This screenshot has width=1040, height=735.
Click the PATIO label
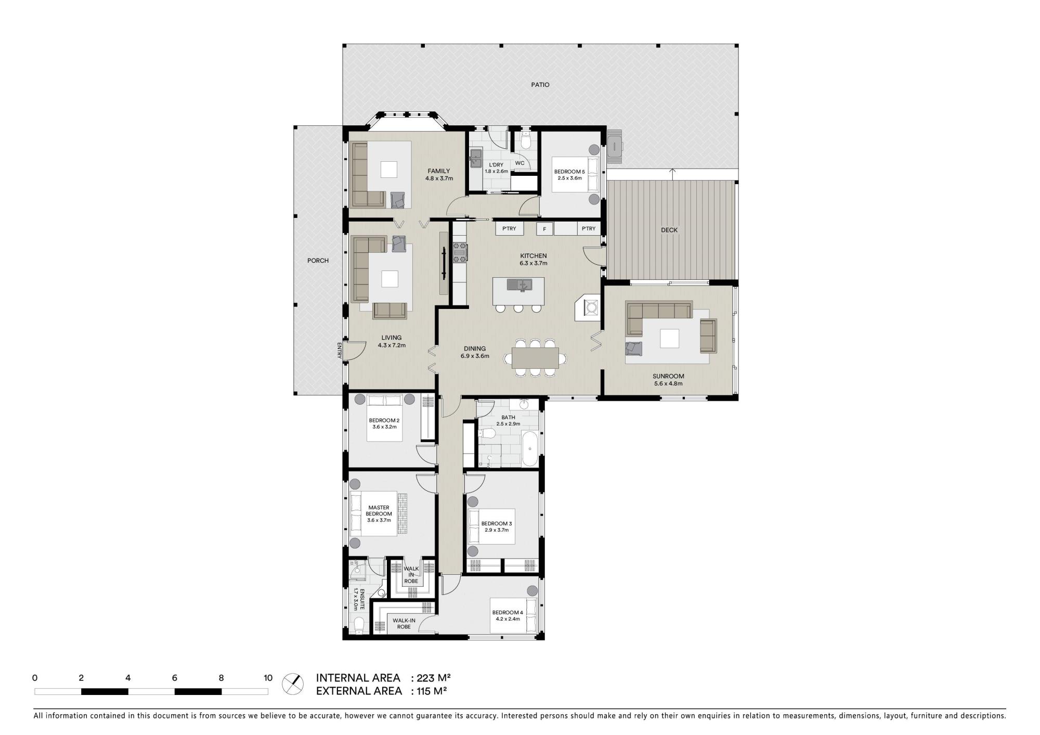pyautogui.click(x=540, y=85)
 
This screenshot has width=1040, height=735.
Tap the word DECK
pyautogui.click(x=669, y=230)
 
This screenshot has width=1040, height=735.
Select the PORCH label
pyautogui.click(x=318, y=261)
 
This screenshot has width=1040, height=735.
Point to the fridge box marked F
pyautogui.click(x=544, y=229)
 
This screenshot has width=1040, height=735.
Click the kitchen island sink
pyautogui.click(x=521, y=285)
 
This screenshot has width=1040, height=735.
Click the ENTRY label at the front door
pyautogui.click(x=339, y=351)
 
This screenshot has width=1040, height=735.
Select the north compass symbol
pyautogui.click(x=293, y=684)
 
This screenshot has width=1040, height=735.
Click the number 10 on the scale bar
pyautogui.click(x=268, y=678)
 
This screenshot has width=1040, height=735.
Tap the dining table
pyautogui.click(x=535, y=358)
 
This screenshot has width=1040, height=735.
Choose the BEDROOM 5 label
pyautogui.click(x=569, y=172)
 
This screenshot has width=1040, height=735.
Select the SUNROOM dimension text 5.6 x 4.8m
pyautogui.click(x=668, y=384)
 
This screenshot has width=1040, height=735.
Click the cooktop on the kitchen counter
pyautogui.click(x=460, y=252)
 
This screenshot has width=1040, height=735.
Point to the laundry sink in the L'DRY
pyautogui.click(x=476, y=158)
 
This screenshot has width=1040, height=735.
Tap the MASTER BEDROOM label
pyautogui.click(x=379, y=511)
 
